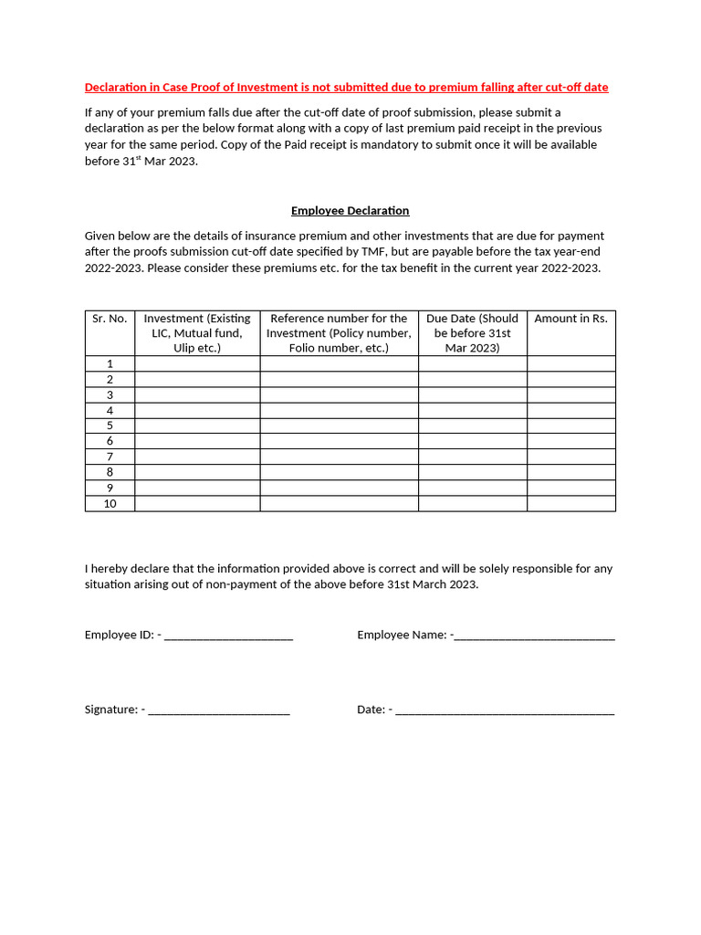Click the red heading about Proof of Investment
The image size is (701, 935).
346,88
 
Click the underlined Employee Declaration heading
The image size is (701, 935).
350,211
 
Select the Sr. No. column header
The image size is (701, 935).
110,319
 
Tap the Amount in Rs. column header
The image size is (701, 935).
570,319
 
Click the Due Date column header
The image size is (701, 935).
472,332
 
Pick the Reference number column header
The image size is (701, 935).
339,332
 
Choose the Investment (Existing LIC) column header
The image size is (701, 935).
196,332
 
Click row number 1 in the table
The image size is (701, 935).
110,363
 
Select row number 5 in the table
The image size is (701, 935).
110,425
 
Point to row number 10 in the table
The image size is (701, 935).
110,503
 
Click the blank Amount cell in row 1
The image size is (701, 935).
570,363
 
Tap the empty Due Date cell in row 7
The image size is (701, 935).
472,457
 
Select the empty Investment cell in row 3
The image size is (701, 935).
196,394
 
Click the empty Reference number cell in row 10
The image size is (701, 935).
339,503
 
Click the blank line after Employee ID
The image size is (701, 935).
229,636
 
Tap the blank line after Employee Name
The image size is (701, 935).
534,636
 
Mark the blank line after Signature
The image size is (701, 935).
219,710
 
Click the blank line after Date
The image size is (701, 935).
506,710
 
